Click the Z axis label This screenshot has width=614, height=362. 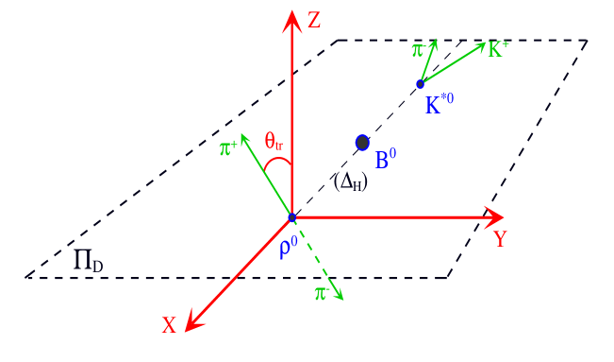315,20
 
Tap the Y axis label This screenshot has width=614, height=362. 500,239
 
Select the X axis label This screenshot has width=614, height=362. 169,325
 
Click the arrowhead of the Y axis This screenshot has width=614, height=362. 495,217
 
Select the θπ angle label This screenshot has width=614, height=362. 274,143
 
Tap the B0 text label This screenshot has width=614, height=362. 385,161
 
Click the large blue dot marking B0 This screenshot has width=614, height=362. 362,143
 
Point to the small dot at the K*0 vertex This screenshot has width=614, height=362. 421,84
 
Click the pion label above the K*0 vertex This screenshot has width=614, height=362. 418,49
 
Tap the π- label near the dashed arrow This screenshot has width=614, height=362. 322,294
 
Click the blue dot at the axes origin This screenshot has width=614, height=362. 291,218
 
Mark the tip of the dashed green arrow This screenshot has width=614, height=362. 341,299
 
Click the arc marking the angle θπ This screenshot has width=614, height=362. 276,162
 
